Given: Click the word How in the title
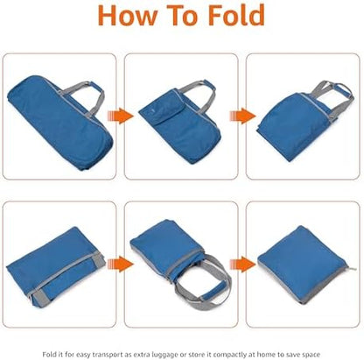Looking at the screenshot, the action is pos(127,15).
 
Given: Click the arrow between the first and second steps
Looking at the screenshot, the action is pos(120,116).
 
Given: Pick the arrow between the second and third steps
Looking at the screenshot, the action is pos(242,116).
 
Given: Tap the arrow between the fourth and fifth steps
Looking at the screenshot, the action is pos(120,265).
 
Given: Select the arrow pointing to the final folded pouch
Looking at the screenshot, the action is pos(242,265).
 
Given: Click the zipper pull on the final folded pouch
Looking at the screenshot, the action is pos(354,267).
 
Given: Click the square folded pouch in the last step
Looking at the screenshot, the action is pos(307,265).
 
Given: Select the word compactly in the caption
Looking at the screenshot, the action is pos(230,355).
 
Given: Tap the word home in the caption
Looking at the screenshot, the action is pos(267,355).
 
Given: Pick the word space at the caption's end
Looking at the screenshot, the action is pos(311,356).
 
